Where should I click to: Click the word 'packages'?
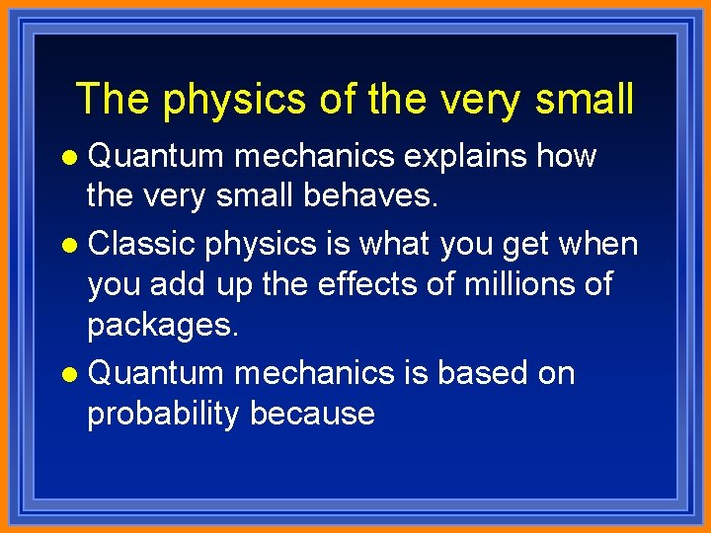(x=162, y=326)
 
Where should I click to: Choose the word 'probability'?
(x=163, y=414)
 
